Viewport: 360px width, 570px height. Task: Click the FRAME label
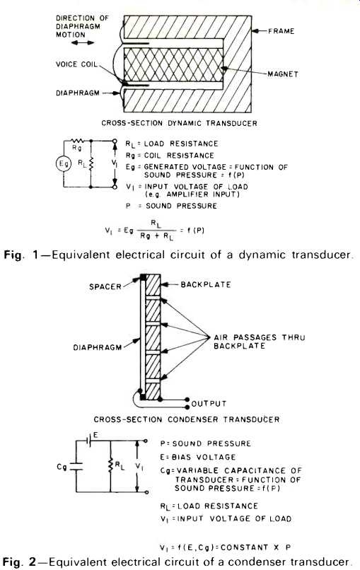[x=281, y=31]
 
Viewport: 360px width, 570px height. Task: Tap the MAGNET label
[x=283, y=74]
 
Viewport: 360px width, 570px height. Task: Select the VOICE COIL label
[x=76, y=64]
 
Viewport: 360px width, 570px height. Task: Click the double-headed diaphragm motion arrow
[x=83, y=43]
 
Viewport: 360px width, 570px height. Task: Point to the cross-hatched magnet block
[x=173, y=65]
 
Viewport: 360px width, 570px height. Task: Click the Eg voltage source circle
[x=64, y=164]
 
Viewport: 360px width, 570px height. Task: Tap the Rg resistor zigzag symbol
[x=77, y=141]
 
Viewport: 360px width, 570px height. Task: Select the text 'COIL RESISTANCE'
[x=179, y=156]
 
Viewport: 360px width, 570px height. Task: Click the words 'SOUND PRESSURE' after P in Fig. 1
[x=181, y=206]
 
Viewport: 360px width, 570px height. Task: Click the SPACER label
[x=105, y=286]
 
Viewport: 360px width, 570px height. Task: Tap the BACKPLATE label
[x=206, y=284]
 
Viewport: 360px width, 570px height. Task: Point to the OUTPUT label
[x=209, y=404]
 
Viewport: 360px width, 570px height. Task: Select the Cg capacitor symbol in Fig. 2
[x=76, y=467]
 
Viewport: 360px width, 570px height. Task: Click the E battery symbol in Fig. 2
[x=88, y=440]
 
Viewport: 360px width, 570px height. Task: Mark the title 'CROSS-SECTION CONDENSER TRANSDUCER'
[x=187, y=419]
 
